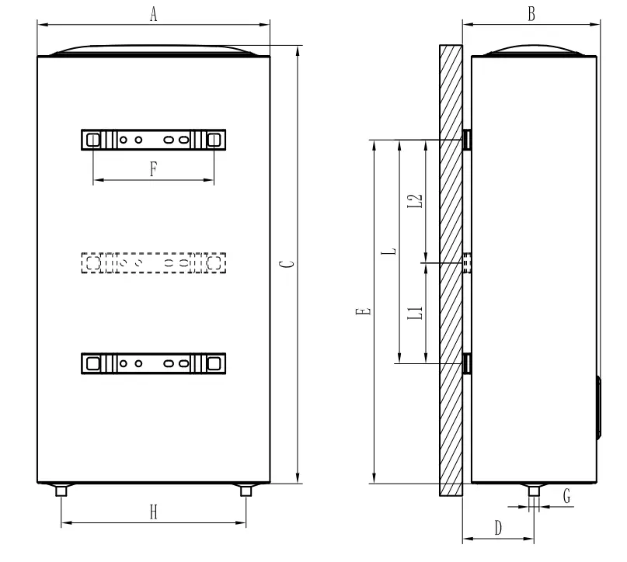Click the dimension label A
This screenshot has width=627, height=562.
(153, 16)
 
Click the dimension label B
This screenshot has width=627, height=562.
(531, 16)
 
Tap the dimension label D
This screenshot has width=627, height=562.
(498, 528)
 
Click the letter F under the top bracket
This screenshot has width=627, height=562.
(153, 169)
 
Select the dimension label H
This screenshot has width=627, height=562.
(153, 512)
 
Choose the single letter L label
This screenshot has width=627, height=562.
(392, 251)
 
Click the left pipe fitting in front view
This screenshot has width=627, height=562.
(61, 491)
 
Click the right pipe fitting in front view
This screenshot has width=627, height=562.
(246, 491)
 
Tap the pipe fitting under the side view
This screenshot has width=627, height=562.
(534, 491)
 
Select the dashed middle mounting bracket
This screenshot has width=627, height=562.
(153, 264)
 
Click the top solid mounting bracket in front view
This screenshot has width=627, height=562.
(153, 140)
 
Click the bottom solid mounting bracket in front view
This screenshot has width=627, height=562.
(153, 363)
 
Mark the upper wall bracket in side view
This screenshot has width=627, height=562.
(468, 140)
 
